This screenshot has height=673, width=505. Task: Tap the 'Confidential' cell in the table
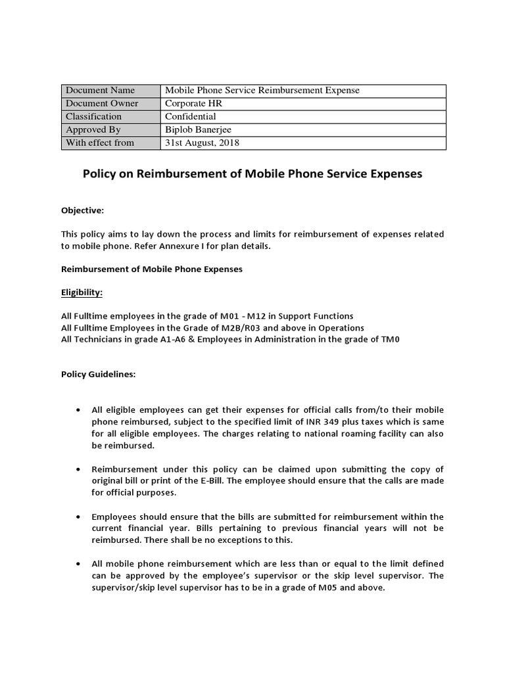point(190,117)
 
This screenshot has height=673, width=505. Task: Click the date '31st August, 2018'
point(201,143)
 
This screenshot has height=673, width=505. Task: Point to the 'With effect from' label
point(99,143)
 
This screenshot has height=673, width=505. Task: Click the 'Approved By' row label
point(93,130)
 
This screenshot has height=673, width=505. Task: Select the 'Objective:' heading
point(82,210)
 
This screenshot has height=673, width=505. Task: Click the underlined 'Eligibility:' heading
point(82,292)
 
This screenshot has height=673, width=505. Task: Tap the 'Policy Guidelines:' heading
point(98,375)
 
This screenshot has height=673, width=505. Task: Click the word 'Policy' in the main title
point(99,174)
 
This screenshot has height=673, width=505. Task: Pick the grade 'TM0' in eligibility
point(390,339)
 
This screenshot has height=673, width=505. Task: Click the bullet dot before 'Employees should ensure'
point(78,517)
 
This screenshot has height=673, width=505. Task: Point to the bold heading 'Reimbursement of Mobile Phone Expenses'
point(152,269)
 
